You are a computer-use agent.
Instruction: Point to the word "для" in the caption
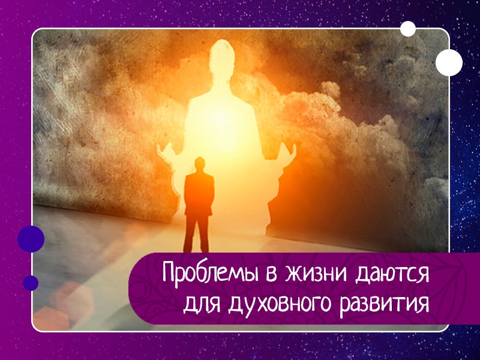[200, 304]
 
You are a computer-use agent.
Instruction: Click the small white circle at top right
[408, 28]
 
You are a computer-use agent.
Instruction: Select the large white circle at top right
[449, 62]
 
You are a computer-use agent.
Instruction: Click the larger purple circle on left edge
[31, 239]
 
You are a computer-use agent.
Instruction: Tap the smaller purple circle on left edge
[31, 283]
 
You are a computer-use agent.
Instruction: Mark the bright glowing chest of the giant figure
[225, 120]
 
